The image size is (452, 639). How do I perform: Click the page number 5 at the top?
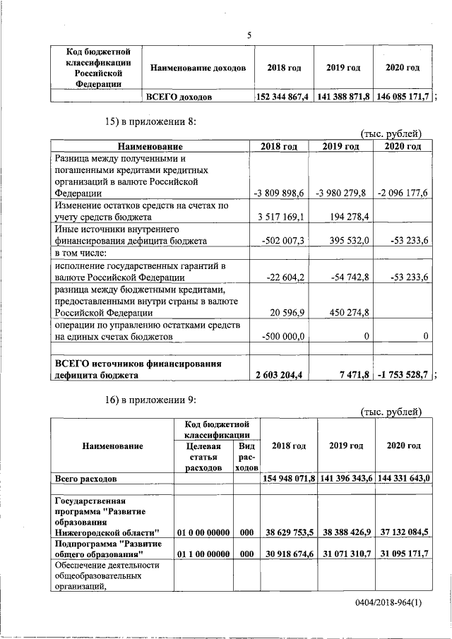(x=249, y=35)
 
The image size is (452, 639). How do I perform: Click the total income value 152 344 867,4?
(x=283, y=96)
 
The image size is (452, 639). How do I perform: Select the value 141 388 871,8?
(x=343, y=96)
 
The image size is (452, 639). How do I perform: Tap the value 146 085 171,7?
(x=402, y=96)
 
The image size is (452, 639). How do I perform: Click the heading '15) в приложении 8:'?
(x=150, y=121)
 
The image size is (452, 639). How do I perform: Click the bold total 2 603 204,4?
(x=279, y=375)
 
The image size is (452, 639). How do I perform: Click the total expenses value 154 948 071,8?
(x=288, y=479)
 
